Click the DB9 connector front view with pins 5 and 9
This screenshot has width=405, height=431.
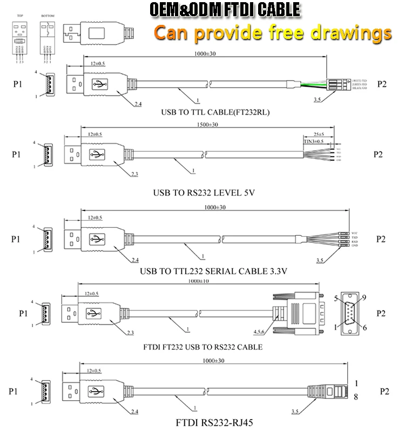[x=350, y=313]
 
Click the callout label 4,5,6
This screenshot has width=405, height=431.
[x=262, y=330]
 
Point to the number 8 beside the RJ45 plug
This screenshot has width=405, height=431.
[x=356, y=397]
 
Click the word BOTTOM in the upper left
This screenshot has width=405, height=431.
[x=48, y=16]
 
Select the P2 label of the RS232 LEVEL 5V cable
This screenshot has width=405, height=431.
[x=379, y=154]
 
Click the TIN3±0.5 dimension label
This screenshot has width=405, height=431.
[x=313, y=141]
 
